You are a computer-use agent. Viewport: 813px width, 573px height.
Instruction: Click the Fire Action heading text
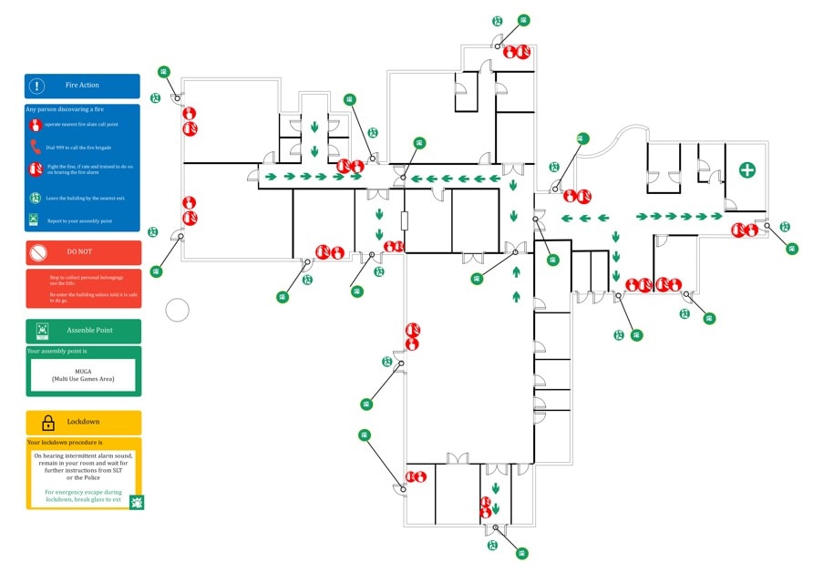pyautogui.click(x=82, y=86)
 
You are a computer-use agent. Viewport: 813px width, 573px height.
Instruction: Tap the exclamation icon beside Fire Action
pyautogui.click(x=36, y=86)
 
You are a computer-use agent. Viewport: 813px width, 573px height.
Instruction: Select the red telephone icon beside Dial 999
pyautogui.click(x=36, y=146)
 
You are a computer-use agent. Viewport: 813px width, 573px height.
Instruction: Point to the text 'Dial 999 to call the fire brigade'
pyautogui.click(x=75, y=147)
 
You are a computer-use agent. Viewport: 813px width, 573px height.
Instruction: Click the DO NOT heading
pyautogui.click(x=80, y=251)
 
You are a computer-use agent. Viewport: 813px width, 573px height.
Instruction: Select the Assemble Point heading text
pyautogui.click(x=90, y=330)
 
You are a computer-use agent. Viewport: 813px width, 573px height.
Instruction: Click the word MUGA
pyautogui.click(x=84, y=371)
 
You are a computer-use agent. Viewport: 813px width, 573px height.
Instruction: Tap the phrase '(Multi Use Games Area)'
pyautogui.click(x=83, y=379)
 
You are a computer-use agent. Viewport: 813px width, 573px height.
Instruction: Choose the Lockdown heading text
pyautogui.click(x=83, y=423)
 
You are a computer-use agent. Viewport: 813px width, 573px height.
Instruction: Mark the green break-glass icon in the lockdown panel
pyautogui.click(x=136, y=502)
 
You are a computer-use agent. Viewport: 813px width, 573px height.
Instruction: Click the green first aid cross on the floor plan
pyautogui.click(x=746, y=170)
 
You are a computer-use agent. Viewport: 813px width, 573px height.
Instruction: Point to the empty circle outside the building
pyautogui.click(x=177, y=310)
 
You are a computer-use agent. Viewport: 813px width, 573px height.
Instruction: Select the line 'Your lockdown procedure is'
pyautogui.click(x=64, y=443)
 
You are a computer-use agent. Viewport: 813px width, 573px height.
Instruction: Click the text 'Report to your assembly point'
pyautogui.click(x=79, y=221)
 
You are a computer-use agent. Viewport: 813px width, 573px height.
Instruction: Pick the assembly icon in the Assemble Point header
pyautogui.click(x=42, y=330)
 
